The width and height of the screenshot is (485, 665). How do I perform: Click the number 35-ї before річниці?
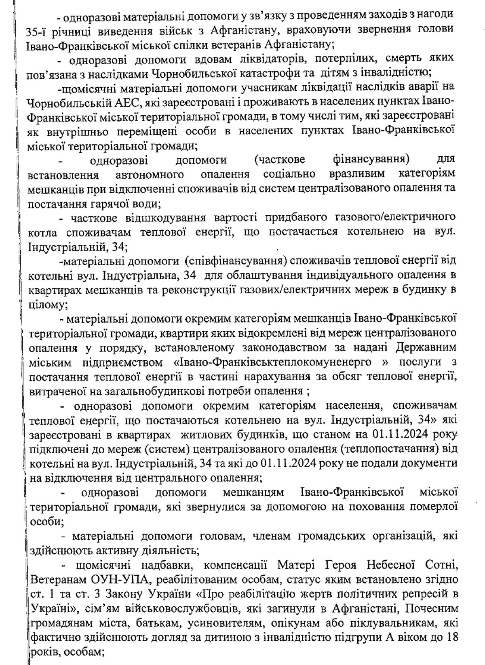pos(38,29)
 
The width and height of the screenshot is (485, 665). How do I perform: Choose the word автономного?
pos(150,175)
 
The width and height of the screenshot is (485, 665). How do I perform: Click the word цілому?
pos(45,304)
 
